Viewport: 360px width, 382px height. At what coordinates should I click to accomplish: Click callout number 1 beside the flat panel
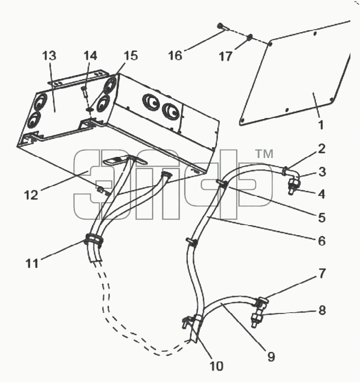321,124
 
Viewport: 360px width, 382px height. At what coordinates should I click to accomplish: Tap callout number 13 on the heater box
49,56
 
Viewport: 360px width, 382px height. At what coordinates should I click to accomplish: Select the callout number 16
175,55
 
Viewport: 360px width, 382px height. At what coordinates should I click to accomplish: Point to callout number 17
226,57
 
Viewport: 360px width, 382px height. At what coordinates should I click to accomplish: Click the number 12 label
31,195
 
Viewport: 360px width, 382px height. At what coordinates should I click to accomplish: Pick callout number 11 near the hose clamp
32,263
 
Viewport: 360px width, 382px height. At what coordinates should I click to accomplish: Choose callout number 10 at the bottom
217,366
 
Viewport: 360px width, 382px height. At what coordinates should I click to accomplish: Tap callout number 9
271,357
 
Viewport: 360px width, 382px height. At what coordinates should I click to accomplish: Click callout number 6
322,241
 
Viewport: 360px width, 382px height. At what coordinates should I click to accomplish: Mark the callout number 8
322,311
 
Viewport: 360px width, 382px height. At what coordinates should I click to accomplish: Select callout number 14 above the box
90,56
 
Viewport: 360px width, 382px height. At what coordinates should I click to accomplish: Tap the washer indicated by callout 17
250,38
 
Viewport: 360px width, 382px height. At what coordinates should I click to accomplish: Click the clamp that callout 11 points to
94,239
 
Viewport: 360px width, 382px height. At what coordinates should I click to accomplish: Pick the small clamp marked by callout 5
222,184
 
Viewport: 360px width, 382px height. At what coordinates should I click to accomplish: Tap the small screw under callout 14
84,91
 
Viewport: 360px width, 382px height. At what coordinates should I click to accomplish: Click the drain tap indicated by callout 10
188,321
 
